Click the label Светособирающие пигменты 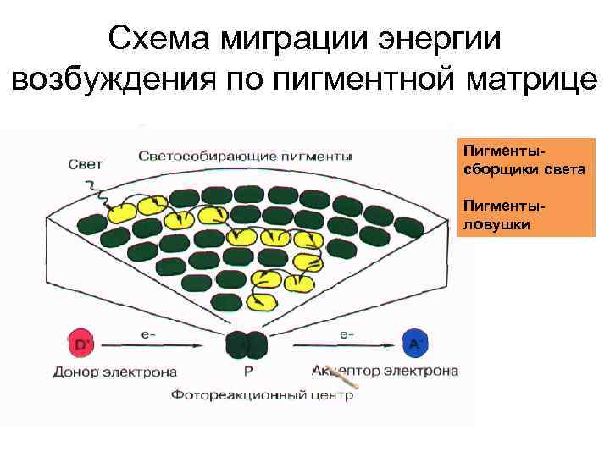(x=246, y=156)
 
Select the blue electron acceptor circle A (x=415, y=344)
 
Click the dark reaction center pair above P (x=247, y=344)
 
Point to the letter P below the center (x=247, y=371)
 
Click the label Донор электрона (x=114, y=371)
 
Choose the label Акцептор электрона (x=385, y=371)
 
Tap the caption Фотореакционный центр (x=261, y=394)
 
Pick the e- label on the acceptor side (x=347, y=334)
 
